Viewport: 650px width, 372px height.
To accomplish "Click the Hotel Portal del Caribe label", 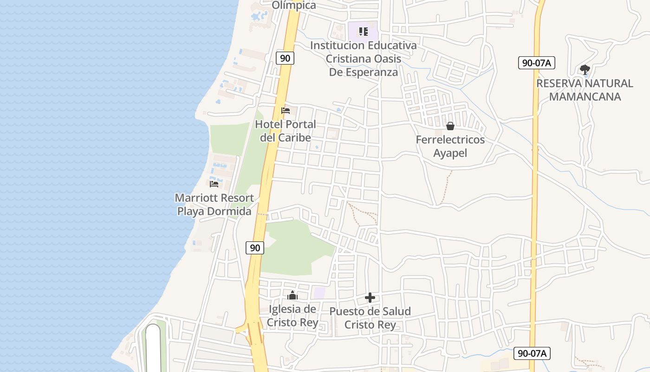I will click(285, 131).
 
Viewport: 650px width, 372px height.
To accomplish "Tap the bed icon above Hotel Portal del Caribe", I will click(286, 111).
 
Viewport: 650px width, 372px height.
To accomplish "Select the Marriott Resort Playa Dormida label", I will click(214, 205).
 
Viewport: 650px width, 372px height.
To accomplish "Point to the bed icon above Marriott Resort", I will click(214, 184).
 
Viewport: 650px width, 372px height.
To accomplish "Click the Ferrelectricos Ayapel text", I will click(450, 146).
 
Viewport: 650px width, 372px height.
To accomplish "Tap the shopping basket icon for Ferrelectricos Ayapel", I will click(450, 126).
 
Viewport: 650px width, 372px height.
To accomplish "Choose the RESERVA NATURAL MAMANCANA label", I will click(585, 90).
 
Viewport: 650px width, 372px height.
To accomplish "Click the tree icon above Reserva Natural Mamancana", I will click(585, 70).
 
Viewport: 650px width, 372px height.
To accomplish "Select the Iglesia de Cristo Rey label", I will click(292, 316).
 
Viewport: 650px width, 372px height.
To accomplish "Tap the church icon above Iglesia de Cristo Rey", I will click(292, 295).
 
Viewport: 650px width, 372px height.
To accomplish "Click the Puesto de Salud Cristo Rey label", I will click(370, 318).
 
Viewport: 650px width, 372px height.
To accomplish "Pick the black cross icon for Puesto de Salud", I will click(370, 298).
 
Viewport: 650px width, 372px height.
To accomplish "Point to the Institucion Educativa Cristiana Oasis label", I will click(364, 59).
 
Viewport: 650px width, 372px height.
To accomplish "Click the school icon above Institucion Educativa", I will click(363, 32).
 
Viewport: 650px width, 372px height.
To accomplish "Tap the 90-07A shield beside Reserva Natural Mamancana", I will click(536, 63).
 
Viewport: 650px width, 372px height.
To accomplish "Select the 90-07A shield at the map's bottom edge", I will click(532, 353).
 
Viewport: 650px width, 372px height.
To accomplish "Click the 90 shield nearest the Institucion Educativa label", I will click(285, 58).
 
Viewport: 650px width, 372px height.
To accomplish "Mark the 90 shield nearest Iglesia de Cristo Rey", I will click(255, 248).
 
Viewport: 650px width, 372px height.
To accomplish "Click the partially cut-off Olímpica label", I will click(294, 5).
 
